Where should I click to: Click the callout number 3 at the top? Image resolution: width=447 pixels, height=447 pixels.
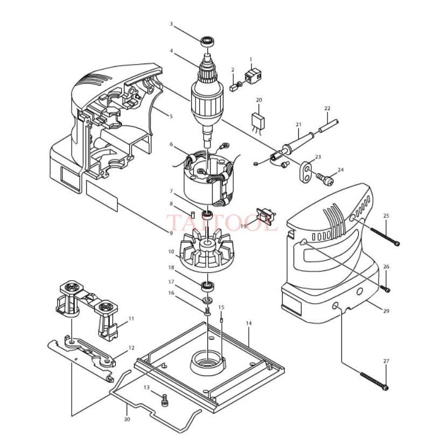click(x=171, y=24)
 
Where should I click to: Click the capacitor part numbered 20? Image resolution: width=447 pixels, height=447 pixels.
click(x=260, y=121)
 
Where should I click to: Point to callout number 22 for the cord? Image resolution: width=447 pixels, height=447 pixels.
click(x=327, y=108)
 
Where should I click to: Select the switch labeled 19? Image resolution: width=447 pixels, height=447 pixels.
click(x=267, y=216)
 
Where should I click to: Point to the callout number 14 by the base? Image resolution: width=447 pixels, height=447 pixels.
click(x=248, y=323)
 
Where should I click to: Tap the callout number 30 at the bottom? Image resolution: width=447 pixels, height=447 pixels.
click(x=127, y=420)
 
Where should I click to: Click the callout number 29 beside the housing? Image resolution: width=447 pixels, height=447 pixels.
click(x=386, y=311)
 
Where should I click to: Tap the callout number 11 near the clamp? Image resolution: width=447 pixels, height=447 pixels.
click(x=131, y=319)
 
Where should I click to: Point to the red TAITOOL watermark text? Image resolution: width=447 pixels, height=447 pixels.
click(x=221, y=222)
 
